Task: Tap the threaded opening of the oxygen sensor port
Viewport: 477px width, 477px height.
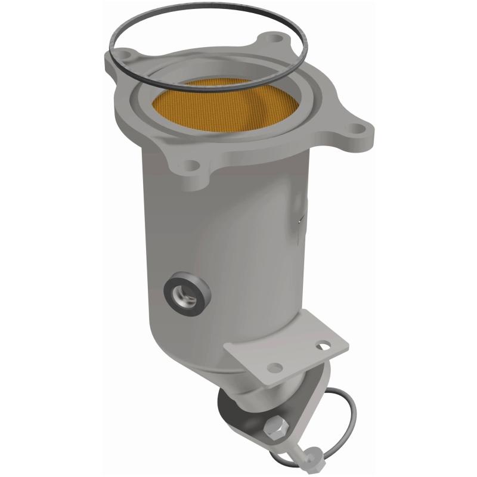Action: (x=187, y=290)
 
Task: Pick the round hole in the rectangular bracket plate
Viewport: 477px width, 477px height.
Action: (x=275, y=367)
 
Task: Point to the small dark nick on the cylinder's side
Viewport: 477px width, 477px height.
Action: (x=298, y=221)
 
